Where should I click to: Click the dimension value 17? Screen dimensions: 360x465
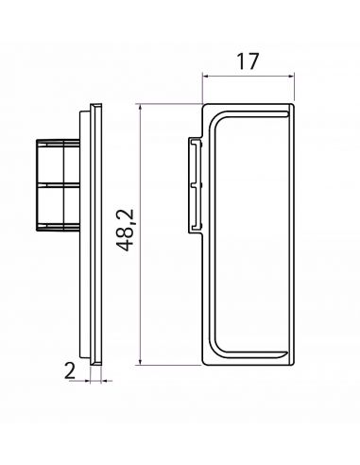tap(248, 61)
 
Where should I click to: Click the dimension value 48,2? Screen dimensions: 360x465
tap(125, 230)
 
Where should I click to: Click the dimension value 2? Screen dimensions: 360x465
tap(70, 370)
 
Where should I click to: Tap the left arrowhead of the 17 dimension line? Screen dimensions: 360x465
tap(205, 76)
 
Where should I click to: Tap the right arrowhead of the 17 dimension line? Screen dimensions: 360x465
tap(291, 76)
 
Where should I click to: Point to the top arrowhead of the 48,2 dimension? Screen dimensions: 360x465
tap(140, 107)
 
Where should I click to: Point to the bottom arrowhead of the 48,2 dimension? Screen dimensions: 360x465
tap(140, 362)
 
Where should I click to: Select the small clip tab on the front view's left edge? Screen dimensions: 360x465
tap(196, 185)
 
